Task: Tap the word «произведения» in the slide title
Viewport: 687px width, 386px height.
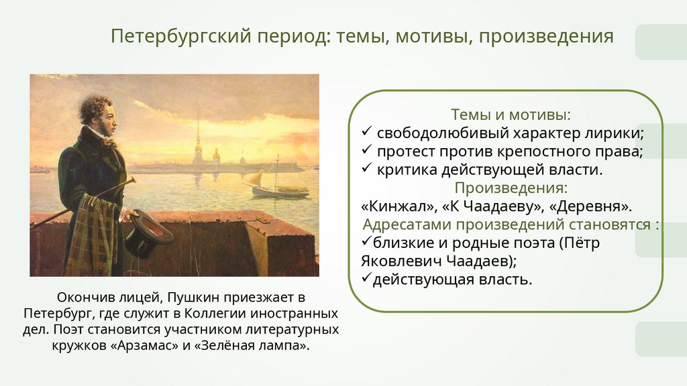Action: point(546,37)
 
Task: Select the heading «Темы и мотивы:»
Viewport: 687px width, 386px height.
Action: point(511,115)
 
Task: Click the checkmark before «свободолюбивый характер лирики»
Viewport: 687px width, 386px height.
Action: point(367,131)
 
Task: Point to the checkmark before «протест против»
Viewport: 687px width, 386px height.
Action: point(367,149)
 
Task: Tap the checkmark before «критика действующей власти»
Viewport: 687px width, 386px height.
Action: point(367,168)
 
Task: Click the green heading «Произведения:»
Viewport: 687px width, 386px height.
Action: point(511,188)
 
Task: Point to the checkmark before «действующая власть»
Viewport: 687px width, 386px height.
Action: point(367,278)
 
